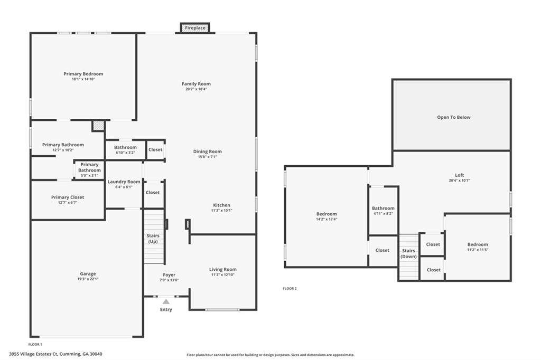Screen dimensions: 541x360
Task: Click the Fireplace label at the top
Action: tap(195, 28)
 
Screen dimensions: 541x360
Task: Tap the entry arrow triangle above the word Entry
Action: tap(166, 301)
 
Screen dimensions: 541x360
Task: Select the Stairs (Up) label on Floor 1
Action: tap(153, 239)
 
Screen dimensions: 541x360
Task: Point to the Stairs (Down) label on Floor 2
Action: tap(408, 253)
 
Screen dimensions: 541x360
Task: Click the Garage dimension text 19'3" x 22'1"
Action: tap(88, 279)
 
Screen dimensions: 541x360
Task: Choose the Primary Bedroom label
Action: tap(83, 74)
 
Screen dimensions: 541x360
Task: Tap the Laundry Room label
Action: tap(124, 182)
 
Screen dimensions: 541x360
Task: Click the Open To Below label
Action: tap(454, 117)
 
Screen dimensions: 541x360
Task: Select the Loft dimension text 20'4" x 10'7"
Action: tap(459, 181)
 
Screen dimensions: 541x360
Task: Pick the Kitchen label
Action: tap(221, 205)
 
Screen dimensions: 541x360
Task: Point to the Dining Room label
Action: tap(207, 151)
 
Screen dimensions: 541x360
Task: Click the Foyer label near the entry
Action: tap(169, 275)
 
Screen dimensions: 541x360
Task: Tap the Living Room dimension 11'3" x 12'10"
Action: tap(223, 275)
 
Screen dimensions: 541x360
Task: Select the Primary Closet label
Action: tap(68, 197)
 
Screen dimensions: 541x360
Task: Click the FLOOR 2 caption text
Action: tap(290, 289)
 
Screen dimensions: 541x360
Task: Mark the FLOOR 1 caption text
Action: tap(35, 344)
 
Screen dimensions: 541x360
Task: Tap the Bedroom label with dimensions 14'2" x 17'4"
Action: tap(327, 214)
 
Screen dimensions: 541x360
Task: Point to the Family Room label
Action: tap(196, 84)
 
